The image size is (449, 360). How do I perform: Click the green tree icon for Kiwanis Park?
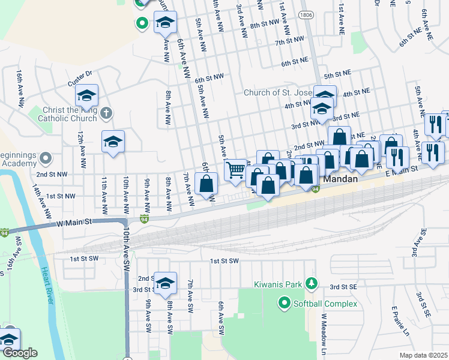311,283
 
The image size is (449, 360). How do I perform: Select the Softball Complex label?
325,304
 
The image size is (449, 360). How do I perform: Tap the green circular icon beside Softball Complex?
284,304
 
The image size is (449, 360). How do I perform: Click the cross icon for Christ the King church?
106,113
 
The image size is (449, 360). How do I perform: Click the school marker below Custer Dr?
86,95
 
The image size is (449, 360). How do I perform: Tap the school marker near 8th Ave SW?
164,283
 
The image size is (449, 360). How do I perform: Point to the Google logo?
20,353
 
